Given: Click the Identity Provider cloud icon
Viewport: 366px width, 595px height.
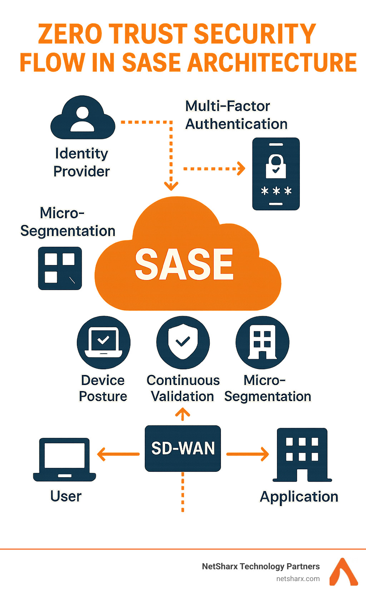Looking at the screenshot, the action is click(x=83, y=117).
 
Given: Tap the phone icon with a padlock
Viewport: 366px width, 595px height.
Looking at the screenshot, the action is click(x=276, y=174).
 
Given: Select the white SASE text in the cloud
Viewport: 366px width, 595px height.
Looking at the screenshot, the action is click(x=184, y=264).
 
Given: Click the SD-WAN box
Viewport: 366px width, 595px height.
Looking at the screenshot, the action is click(x=183, y=448).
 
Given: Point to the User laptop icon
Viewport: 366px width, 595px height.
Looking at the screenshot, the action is click(x=64, y=460).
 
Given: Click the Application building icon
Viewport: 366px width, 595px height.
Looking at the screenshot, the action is click(x=302, y=455).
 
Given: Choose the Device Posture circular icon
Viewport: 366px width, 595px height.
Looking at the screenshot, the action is click(x=103, y=342).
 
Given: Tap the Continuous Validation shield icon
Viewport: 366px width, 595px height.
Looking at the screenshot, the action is click(x=183, y=342).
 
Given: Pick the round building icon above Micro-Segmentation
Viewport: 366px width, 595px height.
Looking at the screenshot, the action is click(x=262, y=342).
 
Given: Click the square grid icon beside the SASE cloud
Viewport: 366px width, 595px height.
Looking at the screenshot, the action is click(x=60, y=268).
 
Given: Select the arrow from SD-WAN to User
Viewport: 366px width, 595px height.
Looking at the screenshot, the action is click(x=118, y=454).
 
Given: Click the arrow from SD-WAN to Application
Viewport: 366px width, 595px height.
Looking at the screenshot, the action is click(x=247, y=454).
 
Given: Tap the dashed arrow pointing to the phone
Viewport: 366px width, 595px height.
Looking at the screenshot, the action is click(x=214, y=169).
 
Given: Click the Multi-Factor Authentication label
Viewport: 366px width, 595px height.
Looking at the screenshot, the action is click(x=236, y=115).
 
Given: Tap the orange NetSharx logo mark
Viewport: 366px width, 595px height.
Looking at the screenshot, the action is click(x=344, y=571).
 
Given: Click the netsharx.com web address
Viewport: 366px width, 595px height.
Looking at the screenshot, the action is click(x=298, y=579).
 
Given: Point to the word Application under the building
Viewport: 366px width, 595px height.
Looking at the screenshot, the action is click(x=299, y=497).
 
